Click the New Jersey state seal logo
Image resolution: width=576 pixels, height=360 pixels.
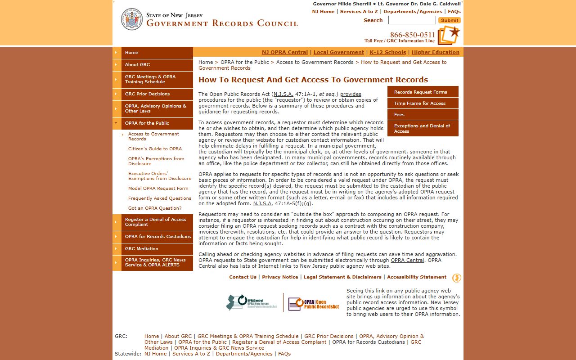pos(131,19)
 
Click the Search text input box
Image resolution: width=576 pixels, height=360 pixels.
pos(412,20)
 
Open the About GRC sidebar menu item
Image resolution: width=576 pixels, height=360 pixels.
pos(137,65)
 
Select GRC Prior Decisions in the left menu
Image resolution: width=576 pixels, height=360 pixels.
pos(147,94)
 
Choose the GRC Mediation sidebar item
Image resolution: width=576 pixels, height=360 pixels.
pos(141,249)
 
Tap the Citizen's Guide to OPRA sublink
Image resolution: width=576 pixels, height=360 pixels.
pos(155,149)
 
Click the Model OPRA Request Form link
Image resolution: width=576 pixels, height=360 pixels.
pos(158,189)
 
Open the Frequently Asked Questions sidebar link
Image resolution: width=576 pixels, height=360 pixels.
pos(159,198)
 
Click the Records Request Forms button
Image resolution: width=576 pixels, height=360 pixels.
pos(420,92)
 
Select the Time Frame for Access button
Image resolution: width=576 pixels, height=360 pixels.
pos(419,103)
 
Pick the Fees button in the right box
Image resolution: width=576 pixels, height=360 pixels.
pos(399,115)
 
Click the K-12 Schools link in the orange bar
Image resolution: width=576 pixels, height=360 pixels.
pos(387,52)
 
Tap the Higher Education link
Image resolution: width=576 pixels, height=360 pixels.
pos(435,52)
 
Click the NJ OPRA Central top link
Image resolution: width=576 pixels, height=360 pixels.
pos(285,52)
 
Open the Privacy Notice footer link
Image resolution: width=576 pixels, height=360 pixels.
pos(280,277)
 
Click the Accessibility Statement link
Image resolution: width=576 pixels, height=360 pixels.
pos(416,277)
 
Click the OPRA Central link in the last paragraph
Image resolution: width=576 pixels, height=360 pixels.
pos(407,260)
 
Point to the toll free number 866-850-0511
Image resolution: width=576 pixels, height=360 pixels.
pos(412,35)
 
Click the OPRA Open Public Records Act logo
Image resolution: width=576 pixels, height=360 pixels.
pos(314,304)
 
